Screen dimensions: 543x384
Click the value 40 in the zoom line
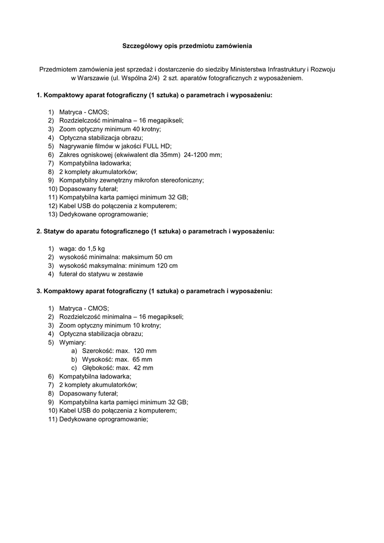[x=131, y=129]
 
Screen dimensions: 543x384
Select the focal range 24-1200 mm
[x=203, y=154]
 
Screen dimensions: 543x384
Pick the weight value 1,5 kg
[x=95, y=248]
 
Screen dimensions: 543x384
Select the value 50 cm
[x=164, y=257]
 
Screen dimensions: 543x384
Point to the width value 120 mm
[x=145, y=351]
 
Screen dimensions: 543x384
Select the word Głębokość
[x=98, y=367]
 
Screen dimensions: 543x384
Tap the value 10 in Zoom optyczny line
[x=131, y=325]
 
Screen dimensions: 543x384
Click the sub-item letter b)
[x=74, y=359]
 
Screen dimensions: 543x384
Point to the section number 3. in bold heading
[x=39, y=291]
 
